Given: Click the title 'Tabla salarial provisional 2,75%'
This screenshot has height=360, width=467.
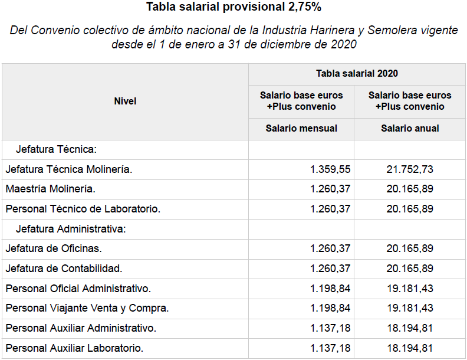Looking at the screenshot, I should click(233, 8).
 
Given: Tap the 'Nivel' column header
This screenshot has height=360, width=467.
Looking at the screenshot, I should click(125, 102).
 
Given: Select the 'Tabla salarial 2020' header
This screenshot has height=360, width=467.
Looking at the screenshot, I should click(357, 74).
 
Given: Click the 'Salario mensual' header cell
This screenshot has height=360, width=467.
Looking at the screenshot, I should click(301, 128).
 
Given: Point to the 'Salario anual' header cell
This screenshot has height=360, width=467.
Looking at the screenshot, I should click(410, 128).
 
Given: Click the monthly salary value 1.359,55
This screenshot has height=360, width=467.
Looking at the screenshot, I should click(330, 169).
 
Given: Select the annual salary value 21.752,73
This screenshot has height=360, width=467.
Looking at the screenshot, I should click(410, 169).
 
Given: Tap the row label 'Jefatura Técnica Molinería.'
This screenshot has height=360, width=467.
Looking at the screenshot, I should click(69, 169).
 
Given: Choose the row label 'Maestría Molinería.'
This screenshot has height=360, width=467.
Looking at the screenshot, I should click(50, 189).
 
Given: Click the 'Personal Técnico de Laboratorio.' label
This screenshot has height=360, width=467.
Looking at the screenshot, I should click(83, 209).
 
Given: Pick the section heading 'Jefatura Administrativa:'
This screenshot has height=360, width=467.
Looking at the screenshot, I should click(71, 229).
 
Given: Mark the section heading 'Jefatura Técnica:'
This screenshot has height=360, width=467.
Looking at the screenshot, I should click(56, 150).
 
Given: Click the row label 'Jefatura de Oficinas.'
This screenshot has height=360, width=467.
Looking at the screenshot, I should click(54, 248).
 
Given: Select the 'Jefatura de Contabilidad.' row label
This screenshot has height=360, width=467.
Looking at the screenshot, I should click(64, 269).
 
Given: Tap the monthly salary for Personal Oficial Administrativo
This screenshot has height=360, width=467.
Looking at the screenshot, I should click(330, 289).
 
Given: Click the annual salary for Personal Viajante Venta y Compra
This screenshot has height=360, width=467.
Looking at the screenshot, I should click(410, 308).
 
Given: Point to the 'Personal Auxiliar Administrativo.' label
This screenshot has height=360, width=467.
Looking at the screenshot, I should click(81, 328).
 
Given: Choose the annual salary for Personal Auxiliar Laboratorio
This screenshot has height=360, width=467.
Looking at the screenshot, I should click(410, 348).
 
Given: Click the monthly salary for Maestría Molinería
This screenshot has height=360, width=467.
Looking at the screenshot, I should click(330, 189).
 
